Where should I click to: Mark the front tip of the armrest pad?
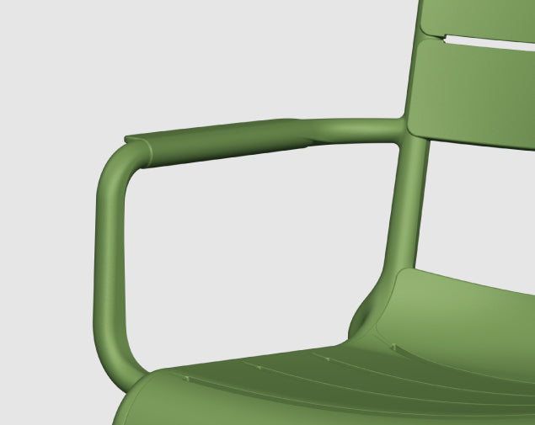click(x=128, y=137)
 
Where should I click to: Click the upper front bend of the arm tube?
click(x=118, y=164)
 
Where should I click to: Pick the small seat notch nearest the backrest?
click(x=393, y=347)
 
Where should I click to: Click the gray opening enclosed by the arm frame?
click(x=253, y=252)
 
